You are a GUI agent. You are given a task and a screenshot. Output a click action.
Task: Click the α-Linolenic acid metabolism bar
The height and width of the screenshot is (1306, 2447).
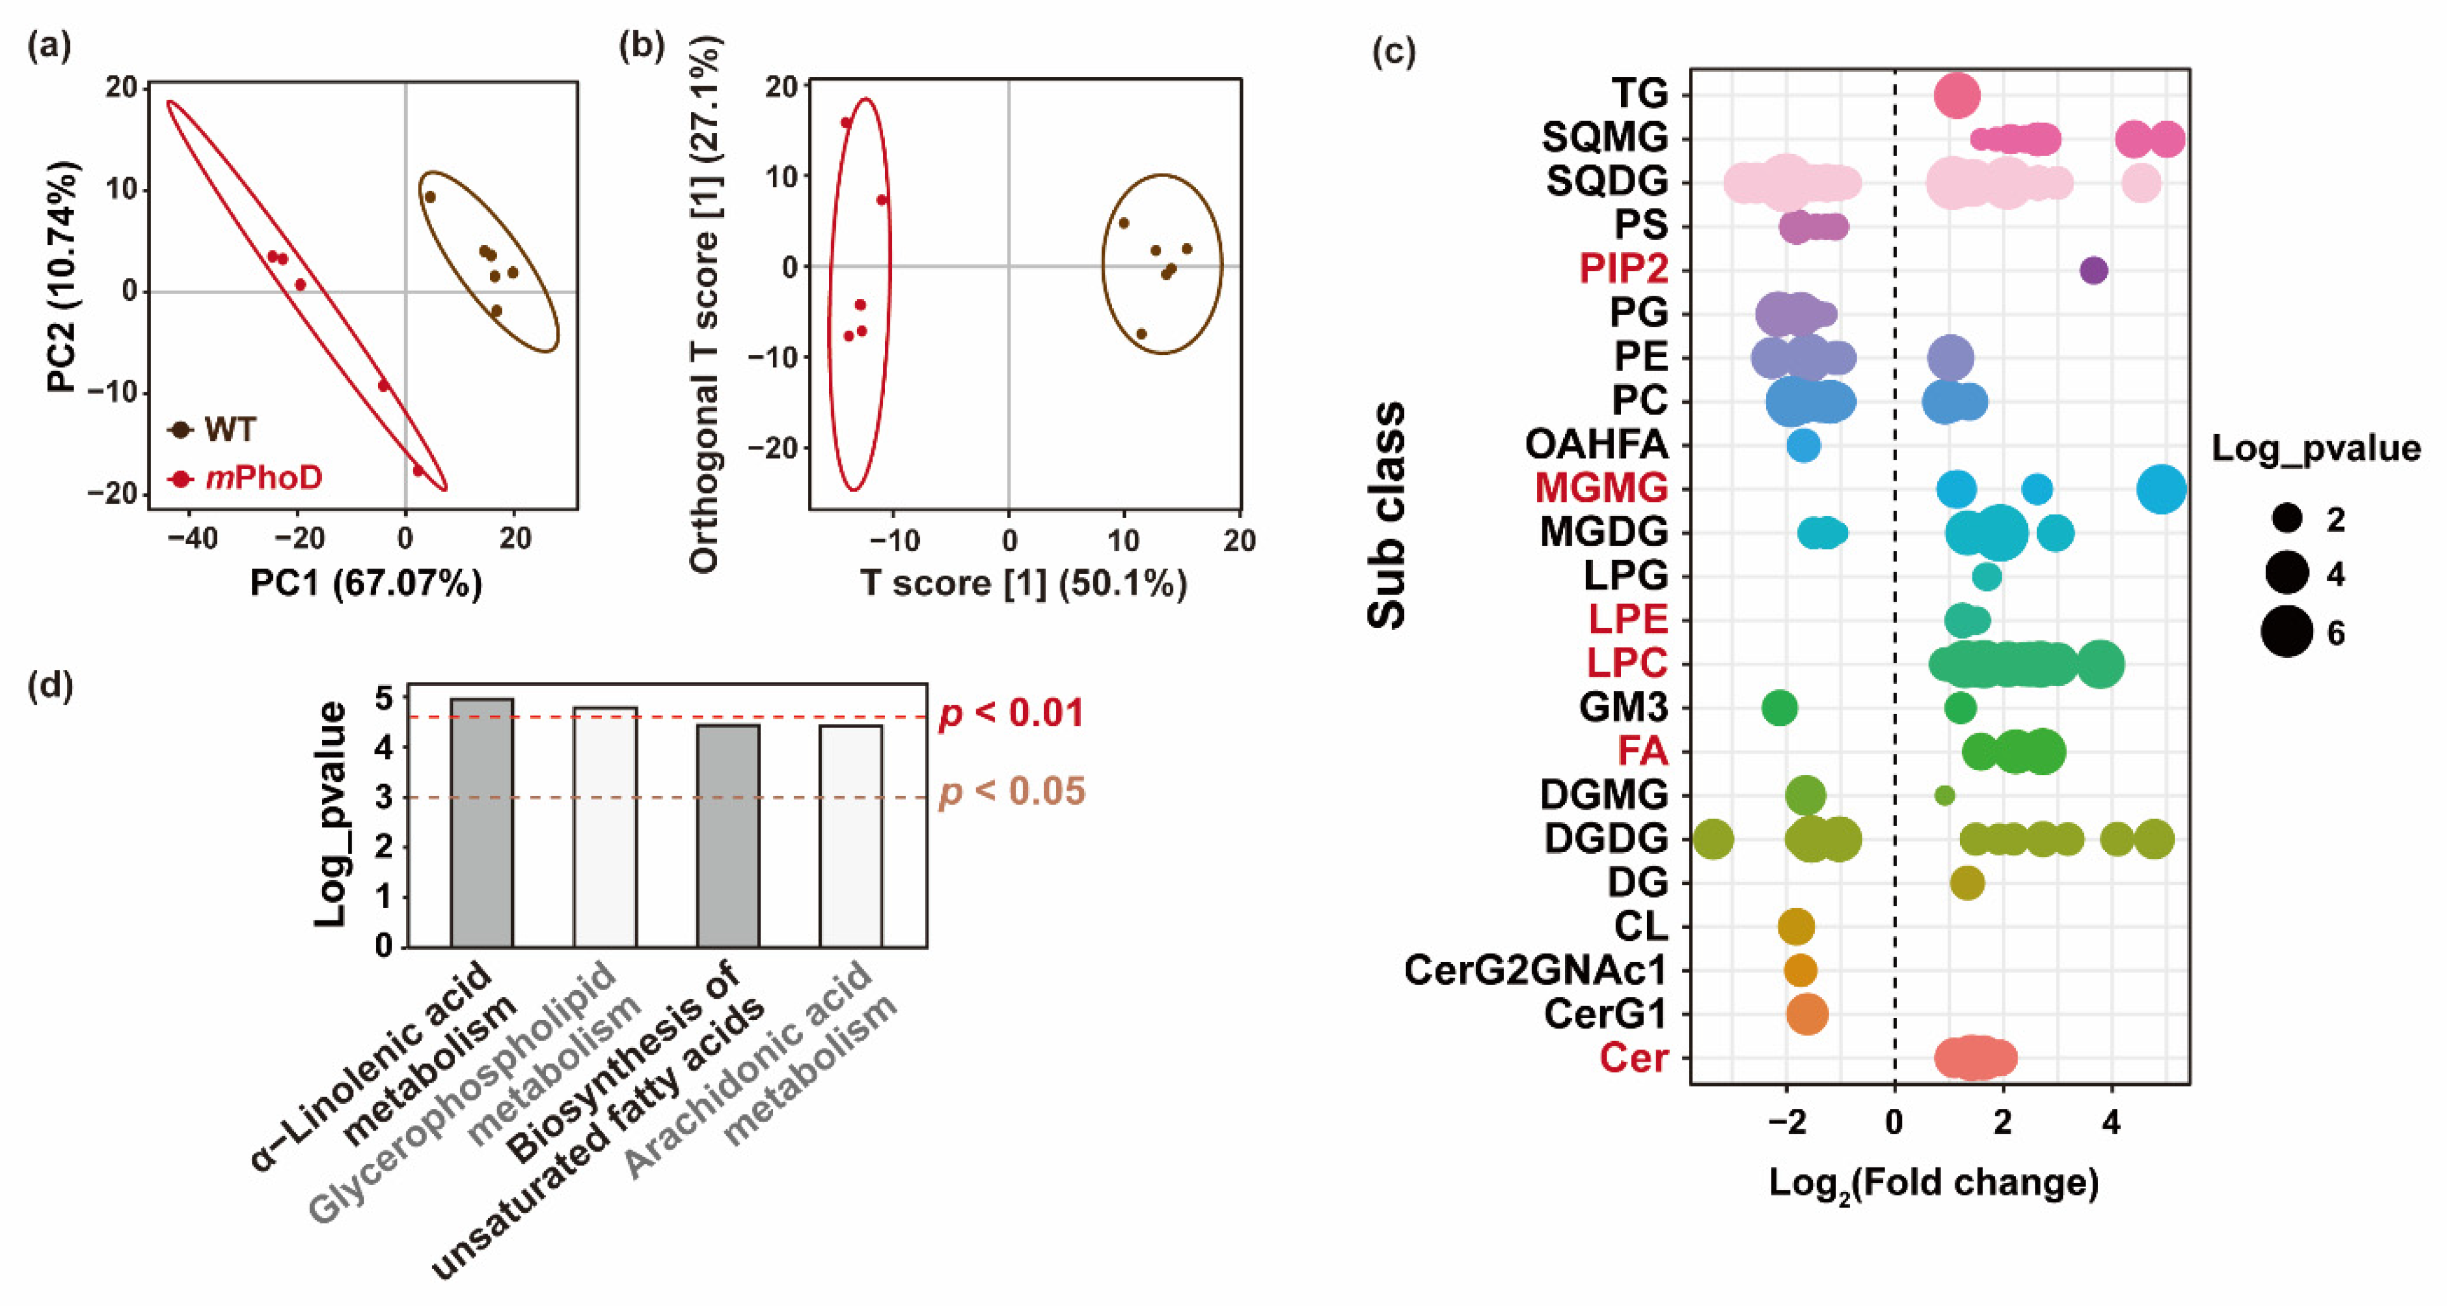(482, 822)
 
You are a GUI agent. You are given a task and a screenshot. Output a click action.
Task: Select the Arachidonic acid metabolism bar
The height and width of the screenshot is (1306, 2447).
(851, 836)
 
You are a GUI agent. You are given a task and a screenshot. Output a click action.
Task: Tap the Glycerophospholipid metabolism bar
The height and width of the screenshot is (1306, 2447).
(605, 826)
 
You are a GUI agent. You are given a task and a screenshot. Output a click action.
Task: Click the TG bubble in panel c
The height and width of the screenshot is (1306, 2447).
(1957, 95)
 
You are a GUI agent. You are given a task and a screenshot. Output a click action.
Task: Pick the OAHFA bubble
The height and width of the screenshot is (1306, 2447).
(1803, 444)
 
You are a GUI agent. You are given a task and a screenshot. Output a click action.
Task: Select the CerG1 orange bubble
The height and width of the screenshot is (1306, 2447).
(1807, 1014)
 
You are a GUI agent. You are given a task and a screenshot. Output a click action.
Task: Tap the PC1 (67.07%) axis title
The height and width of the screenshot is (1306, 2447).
(366, 583)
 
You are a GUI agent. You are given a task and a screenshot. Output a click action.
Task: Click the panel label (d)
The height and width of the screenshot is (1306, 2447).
(50, 684)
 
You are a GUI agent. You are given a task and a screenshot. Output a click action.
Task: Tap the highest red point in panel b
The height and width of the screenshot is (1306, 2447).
(846, 123)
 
